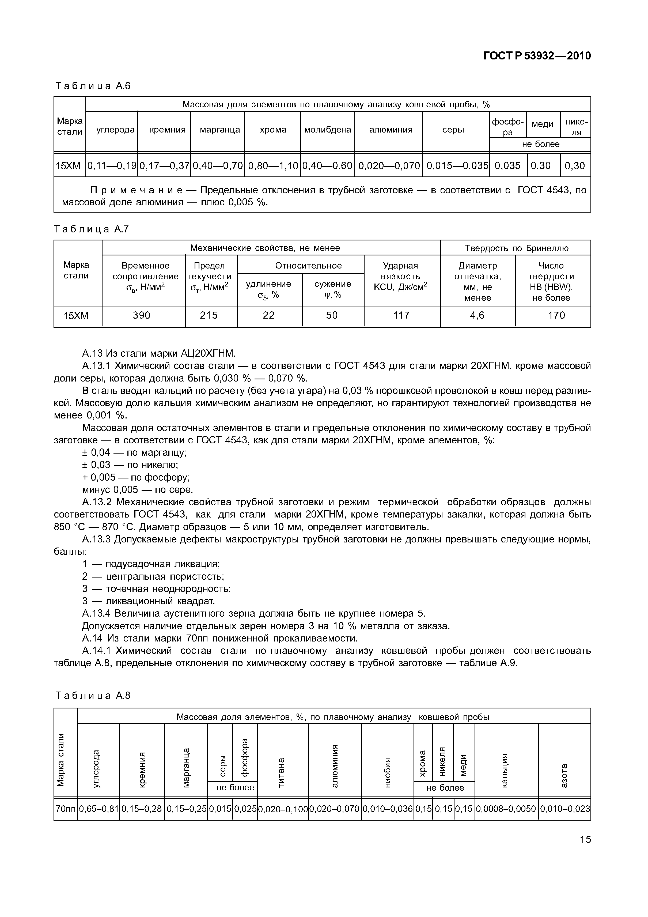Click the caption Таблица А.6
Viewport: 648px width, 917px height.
(93, 86)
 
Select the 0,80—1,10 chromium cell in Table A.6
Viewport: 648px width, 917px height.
(273, 165)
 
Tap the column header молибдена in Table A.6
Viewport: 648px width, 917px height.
(327, 130)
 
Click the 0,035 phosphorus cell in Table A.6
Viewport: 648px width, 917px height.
(507, 165)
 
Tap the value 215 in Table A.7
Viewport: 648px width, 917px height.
(209, 315)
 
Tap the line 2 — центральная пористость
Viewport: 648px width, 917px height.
(153, 576)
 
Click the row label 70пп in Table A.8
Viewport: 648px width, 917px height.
(66, 809)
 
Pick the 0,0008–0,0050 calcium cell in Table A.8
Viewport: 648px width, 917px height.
(506, 809)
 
